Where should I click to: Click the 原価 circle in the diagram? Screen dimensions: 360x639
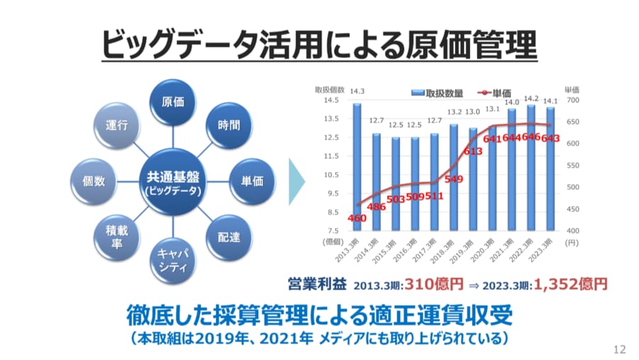pos(173,102)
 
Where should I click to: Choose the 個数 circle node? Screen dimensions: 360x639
pos(94,181)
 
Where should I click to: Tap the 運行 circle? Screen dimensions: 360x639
pos(117,125)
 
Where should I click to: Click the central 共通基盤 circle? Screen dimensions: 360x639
pos(173,181)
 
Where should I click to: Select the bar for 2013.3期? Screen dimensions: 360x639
pos(357,167)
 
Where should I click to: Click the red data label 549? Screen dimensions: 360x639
pos(454,179)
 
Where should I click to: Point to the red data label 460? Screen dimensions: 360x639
pos(357,218)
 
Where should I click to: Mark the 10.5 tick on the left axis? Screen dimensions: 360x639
pos(330,175)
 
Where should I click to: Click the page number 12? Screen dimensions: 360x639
pos(619,349)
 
